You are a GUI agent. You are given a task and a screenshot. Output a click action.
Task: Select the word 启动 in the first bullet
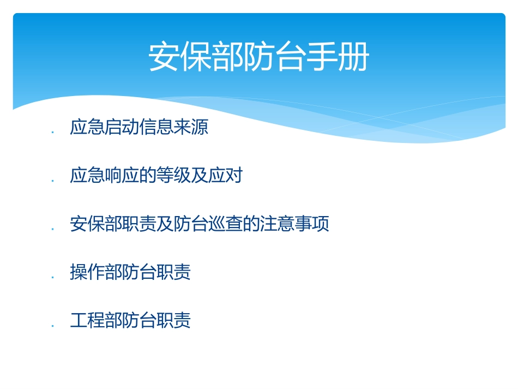point(122,128)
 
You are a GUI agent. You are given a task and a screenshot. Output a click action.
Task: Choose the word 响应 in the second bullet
point(122,176)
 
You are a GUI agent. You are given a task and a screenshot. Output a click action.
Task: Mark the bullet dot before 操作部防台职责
point(52,277)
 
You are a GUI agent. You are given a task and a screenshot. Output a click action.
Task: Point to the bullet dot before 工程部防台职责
point(52,325)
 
